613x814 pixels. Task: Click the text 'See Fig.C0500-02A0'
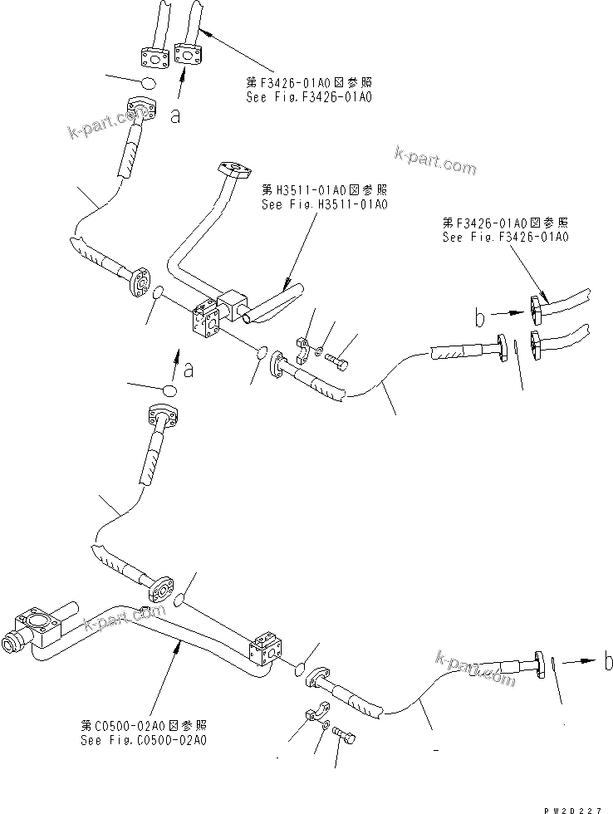(x=144, y=739)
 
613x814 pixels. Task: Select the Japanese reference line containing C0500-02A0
(x=144, y=725)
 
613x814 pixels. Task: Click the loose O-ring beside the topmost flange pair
(x=146, y=83)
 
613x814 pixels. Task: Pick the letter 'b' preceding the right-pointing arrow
(x=479, y=316)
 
